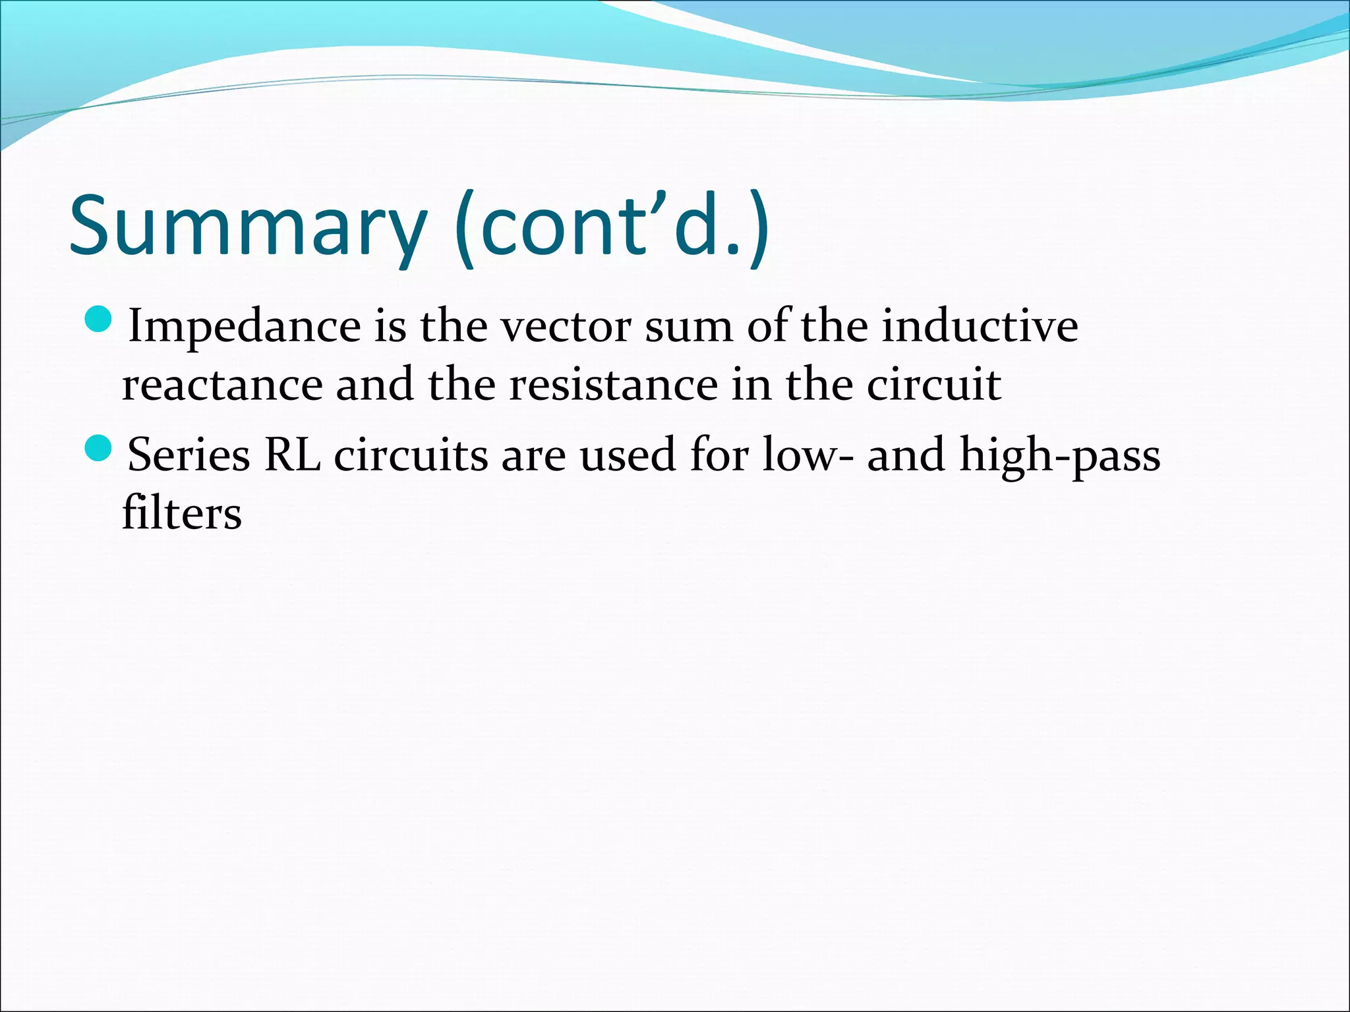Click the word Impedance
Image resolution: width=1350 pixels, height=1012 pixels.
(x=245, y=326)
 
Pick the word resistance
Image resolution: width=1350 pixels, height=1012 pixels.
(x=613, y=385)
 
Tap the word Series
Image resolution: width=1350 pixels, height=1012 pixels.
(x=189, y=455)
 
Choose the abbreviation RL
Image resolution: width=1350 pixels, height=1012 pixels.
(x=292, y=455)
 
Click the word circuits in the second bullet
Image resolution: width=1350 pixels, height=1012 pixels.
(x=411, y=455)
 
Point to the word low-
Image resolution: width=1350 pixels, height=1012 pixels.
(x=807, y=455)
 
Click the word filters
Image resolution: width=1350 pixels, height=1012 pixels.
(x=182, y=514)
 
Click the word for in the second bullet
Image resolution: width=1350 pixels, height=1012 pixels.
(x=719, y=455)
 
